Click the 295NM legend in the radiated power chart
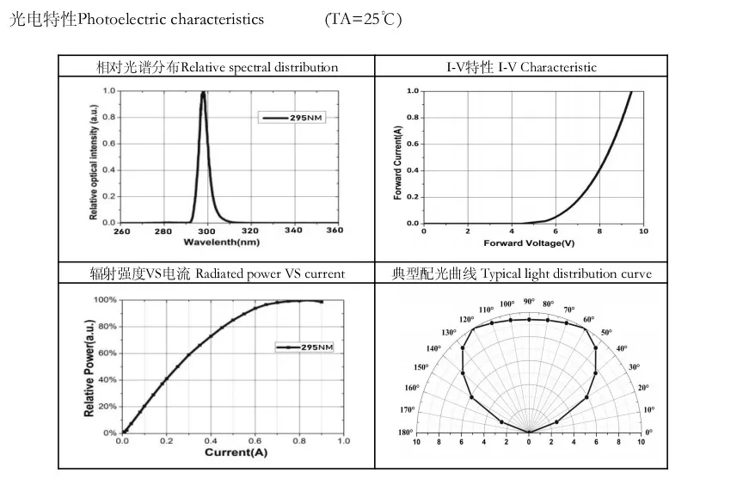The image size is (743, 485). pos(304,347)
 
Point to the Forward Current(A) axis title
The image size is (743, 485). pos(397,163)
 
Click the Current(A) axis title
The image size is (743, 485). pos(232,451)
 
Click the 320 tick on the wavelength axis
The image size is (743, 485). pos(250,230)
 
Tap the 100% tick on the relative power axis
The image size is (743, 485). pos(105,300)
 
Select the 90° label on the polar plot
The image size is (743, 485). pos(529,301)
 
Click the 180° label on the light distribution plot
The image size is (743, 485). pos(406,432)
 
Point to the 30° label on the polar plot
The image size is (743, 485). pos(635,367)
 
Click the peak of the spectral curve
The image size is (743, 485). pos(203,92)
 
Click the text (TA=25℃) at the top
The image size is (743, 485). pos(364,19)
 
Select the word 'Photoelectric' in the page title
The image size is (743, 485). pos(117,19)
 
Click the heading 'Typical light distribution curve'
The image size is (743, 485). pos(566,274)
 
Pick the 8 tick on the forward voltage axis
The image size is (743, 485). pos(599,230)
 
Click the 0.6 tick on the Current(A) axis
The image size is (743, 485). pos(255,440)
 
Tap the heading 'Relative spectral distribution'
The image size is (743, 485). pos(260,67)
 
